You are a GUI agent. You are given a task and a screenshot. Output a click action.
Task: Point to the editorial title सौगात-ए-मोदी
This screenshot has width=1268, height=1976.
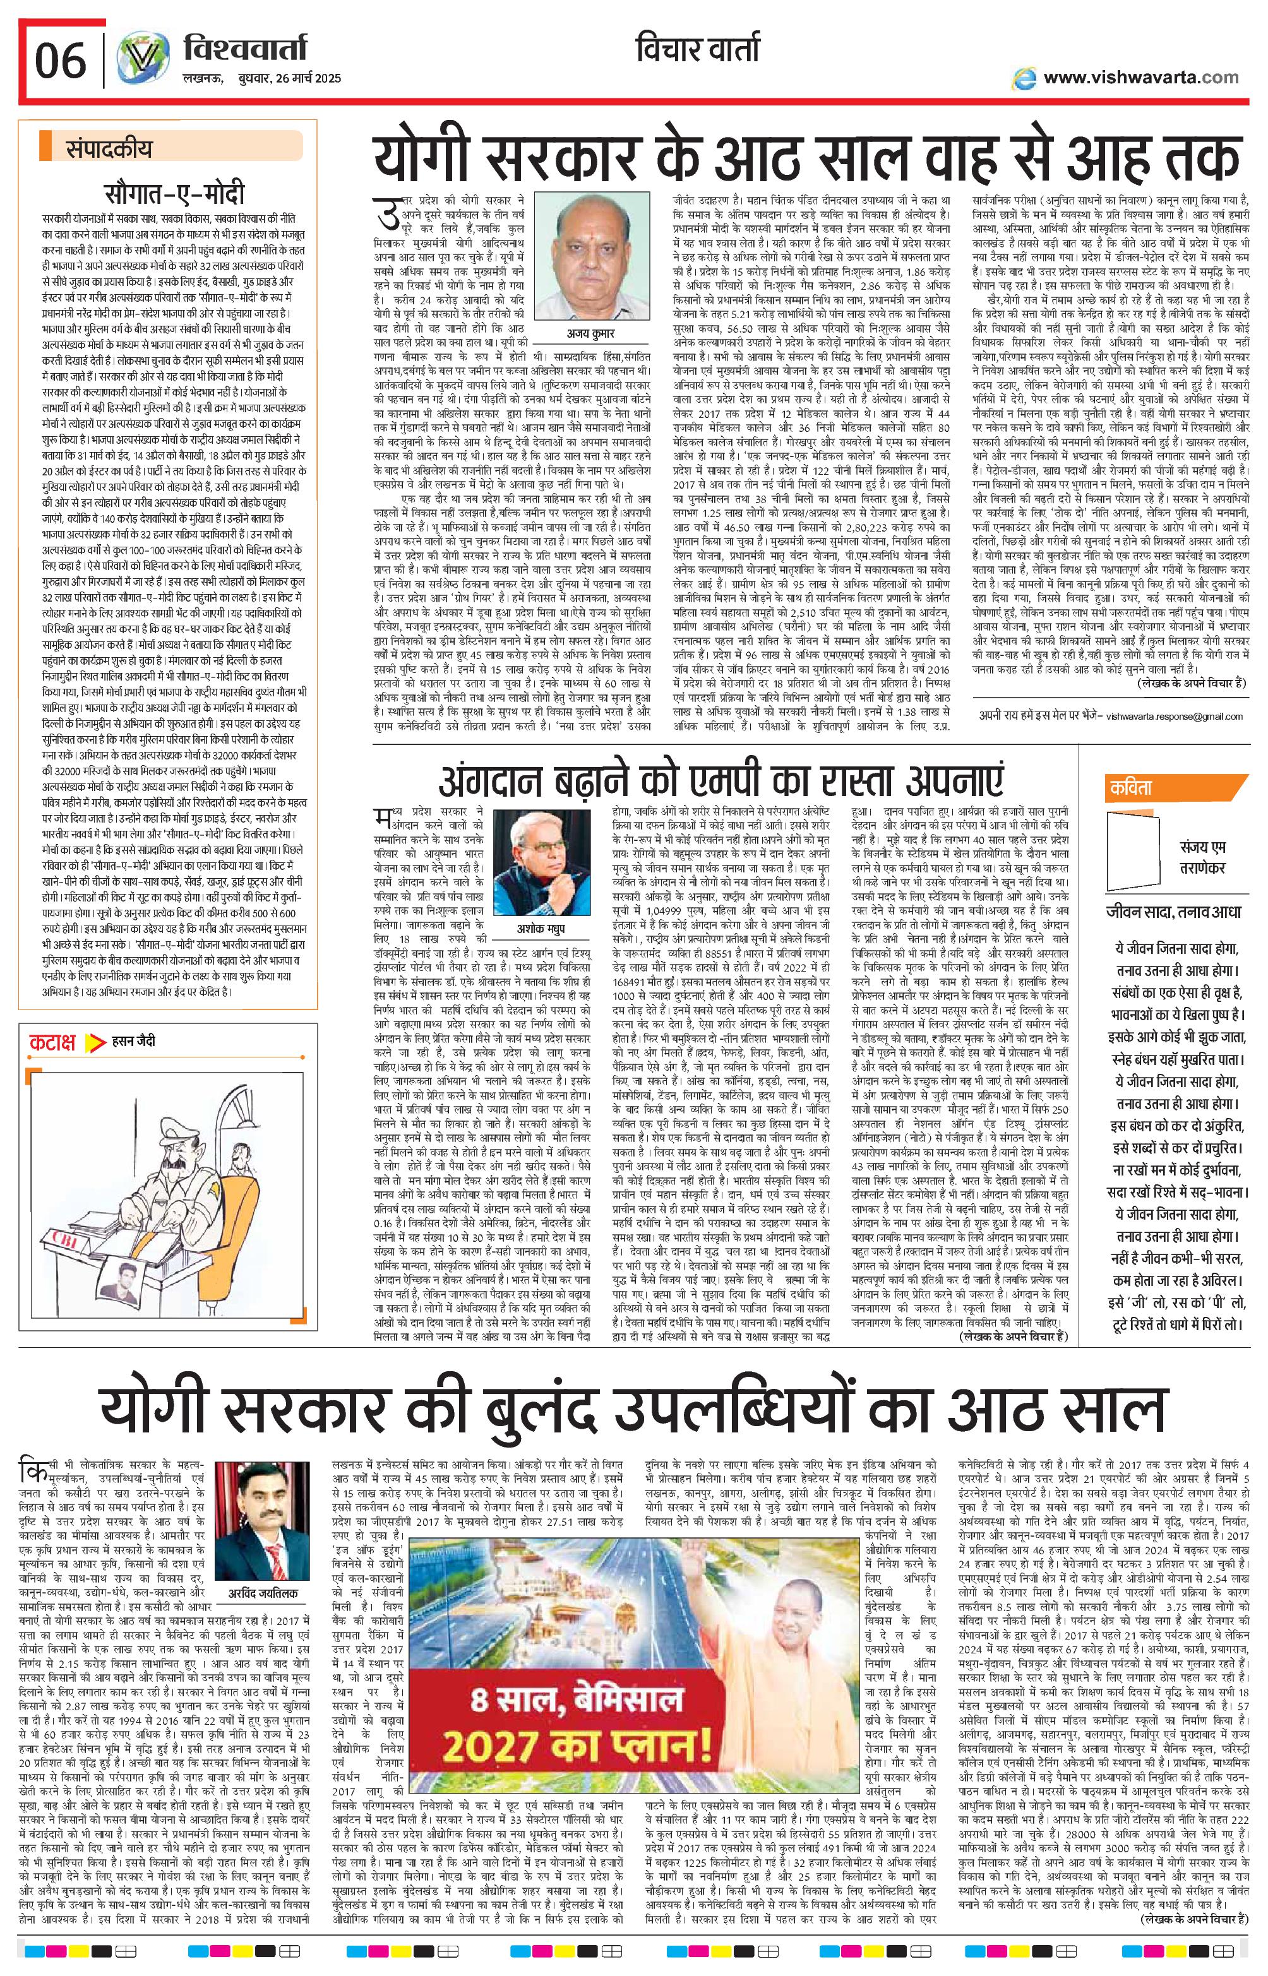pos(174,195)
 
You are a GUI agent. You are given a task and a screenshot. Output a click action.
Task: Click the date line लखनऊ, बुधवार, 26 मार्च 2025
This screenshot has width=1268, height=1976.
pos(260,78)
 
